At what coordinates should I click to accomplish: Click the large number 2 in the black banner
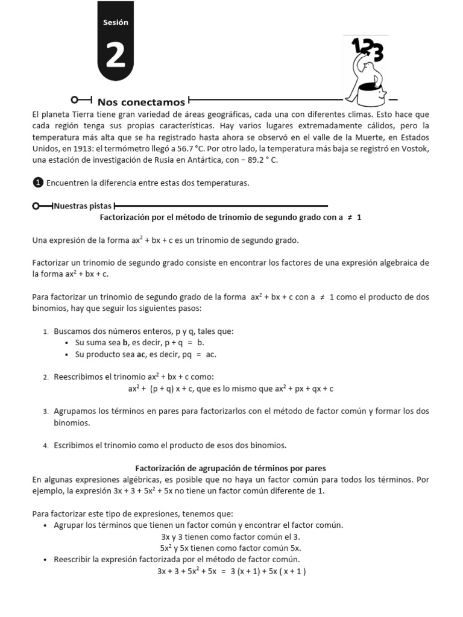tap(116, 55)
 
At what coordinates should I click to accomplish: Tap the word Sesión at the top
tap(116, 22)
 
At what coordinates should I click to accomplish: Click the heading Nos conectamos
tap(141, 102)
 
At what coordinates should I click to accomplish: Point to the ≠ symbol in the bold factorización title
tap(348, 218)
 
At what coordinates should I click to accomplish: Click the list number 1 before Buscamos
tap(46, 331)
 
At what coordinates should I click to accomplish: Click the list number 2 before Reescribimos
tap(46, 377)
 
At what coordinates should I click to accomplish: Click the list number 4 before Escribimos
tap(46, 446)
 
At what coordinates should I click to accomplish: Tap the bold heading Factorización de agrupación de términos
tap(230, 468)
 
